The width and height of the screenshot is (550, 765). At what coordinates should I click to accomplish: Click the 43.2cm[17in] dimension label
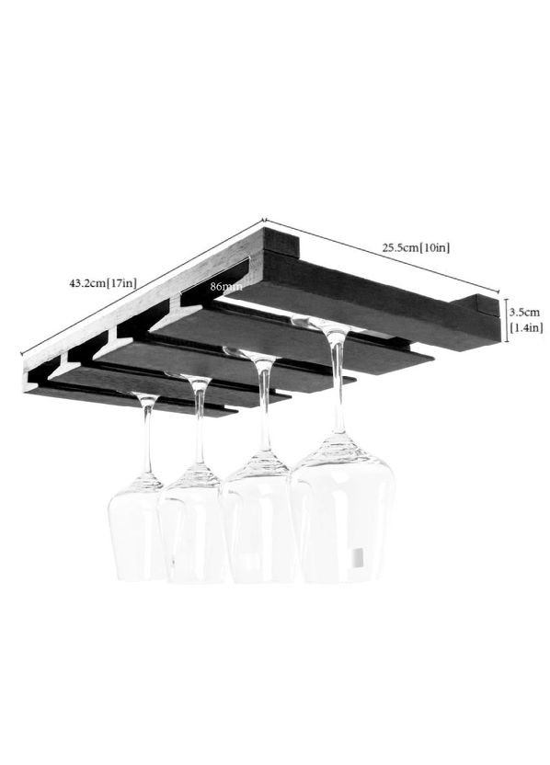coord(102,283)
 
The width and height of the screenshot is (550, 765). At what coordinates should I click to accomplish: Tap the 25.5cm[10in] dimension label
coord(416,247)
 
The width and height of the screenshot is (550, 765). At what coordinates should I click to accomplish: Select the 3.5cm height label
coord(524,312)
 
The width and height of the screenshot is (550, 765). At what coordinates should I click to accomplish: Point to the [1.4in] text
coord(526,327)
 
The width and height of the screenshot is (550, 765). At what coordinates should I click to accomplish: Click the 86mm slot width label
coord(226,286)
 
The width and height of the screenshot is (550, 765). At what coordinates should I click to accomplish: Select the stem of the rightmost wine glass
coord(338,381)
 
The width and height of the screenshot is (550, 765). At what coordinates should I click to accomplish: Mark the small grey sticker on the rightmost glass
coord(358,557)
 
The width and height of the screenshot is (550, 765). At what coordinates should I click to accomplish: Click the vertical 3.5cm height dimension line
coord(506,320)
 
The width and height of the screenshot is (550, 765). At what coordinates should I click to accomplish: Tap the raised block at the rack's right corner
coord(476,307)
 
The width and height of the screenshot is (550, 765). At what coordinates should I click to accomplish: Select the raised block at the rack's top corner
coord(281,243)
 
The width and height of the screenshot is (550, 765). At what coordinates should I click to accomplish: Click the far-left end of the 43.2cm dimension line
coord(22,354)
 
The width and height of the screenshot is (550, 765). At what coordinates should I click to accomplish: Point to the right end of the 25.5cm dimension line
coord(498,293)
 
